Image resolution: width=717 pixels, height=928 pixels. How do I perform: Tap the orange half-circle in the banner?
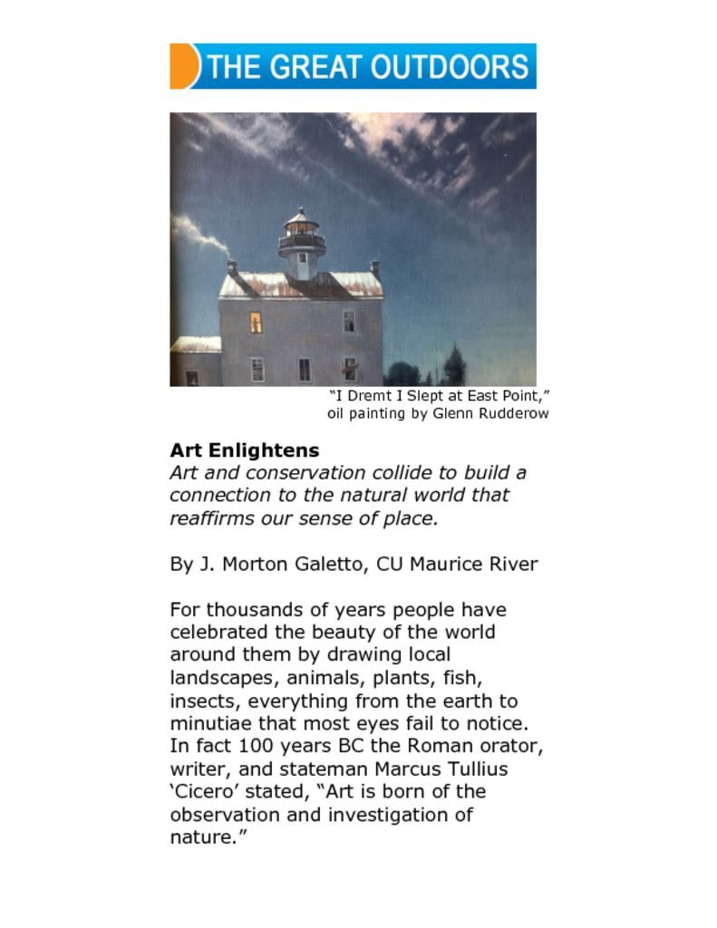182,66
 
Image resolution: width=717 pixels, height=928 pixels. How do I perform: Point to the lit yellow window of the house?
256,321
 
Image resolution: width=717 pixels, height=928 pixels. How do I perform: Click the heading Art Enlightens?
244,450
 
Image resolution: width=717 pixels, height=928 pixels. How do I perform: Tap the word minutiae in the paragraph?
209,724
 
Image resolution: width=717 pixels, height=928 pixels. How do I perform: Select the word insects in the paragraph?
205,701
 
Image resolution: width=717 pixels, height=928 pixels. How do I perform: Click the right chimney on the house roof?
375,268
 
